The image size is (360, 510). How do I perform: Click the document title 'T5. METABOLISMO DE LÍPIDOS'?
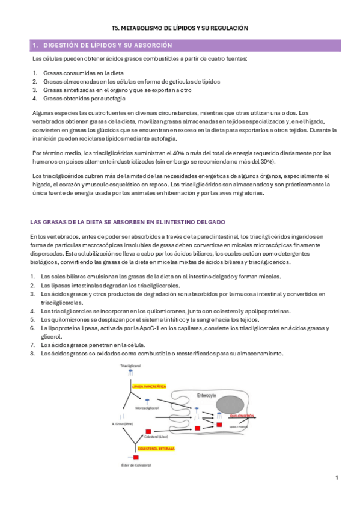point(180,28)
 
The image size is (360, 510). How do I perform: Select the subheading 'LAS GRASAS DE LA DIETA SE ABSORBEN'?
point(127,223)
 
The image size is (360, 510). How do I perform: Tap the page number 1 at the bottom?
point(337,478)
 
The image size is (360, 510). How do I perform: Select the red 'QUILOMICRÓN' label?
point(248,416)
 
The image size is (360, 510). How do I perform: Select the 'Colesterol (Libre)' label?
point(156,437)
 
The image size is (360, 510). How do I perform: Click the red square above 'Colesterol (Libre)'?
point(149,431)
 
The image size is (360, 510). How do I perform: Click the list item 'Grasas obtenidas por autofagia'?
point(84,98)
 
